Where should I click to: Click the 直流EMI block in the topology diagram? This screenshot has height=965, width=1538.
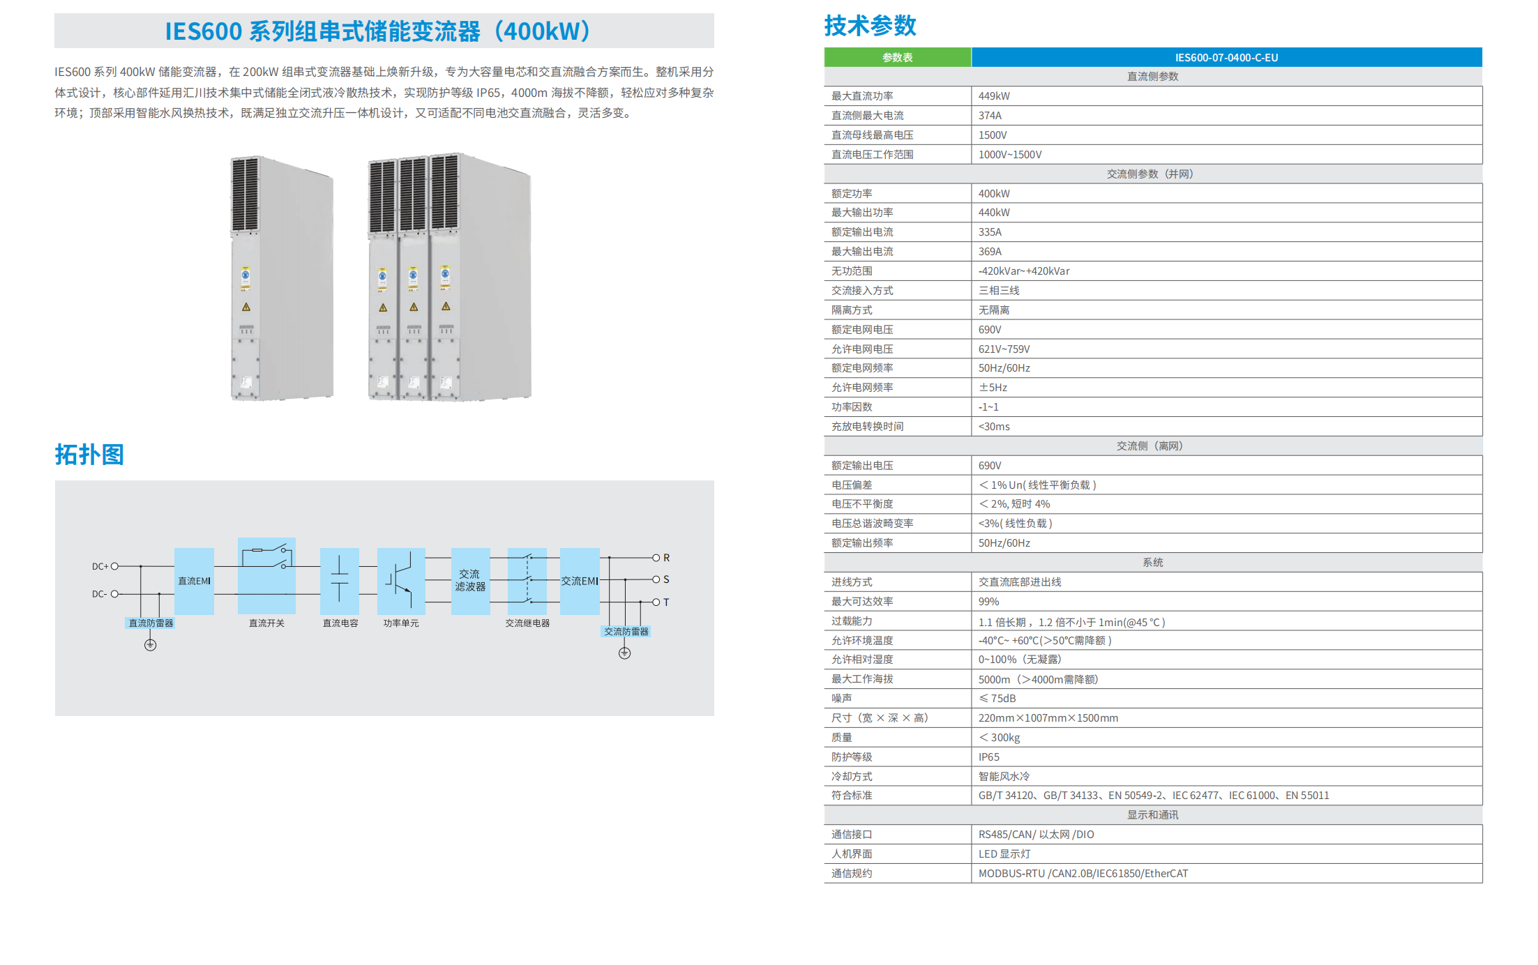pyautogui.click(x=194, y=581)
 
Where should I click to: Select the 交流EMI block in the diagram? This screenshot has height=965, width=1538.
pyautogui.click(x=580, y=581)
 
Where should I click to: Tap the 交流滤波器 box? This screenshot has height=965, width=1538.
pyautogui.click(x=470, y=581)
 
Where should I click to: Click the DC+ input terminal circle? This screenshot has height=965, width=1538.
pyautogui.click(x=115, y=566)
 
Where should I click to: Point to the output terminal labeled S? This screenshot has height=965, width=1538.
pyautogui.click(x=656, y=579)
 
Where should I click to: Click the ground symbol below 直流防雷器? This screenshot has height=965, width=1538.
pyautogui.click(x=150, y=645)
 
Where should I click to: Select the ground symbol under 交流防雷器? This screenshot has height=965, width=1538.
pyautogui.click(x=624, y=653)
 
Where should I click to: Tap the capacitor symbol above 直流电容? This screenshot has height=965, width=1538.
pyautogui.click(x=340, y=579)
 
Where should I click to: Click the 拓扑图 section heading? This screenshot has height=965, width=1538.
pyautogui.click(x=89, y=455)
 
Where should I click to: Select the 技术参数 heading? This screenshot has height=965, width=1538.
pyautogui.click(x=870, y=26)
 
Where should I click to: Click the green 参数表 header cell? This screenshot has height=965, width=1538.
pyautogui.click(x=898, y=57)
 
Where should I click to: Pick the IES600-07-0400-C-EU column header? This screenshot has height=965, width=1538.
pyautogui.click(x=1226, y=57)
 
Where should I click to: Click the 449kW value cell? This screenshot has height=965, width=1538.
pyautogui.click(x=994, y=96)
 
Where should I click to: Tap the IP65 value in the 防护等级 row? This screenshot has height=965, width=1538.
pyautogui.click(x=988, y=757)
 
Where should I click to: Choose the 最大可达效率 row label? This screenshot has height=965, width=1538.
pyautogui.click(x=862, y=602)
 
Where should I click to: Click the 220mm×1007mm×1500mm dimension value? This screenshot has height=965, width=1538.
pyautogui.click(x=1048, y=718)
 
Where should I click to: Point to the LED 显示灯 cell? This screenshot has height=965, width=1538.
pyautogui.click(x=1004, y=854)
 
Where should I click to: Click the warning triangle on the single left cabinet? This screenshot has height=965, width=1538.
pyautogui.click(x=246, y=307)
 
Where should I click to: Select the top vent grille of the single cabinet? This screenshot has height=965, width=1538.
pyautogui.click(x=246, y=194)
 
